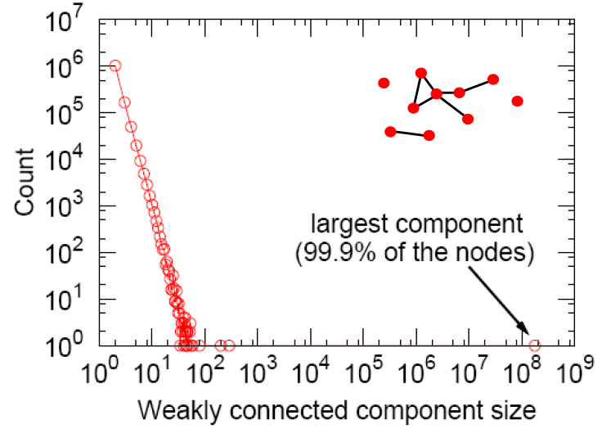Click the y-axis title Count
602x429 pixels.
24,181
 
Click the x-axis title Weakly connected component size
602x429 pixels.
338,407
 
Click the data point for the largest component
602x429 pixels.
535,345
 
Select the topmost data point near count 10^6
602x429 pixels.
115,65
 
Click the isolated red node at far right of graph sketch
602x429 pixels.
517,101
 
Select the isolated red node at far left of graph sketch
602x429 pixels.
384,83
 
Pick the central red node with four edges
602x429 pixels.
437,94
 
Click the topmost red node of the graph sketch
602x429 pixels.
421,73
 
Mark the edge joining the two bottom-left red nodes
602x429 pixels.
410,133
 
